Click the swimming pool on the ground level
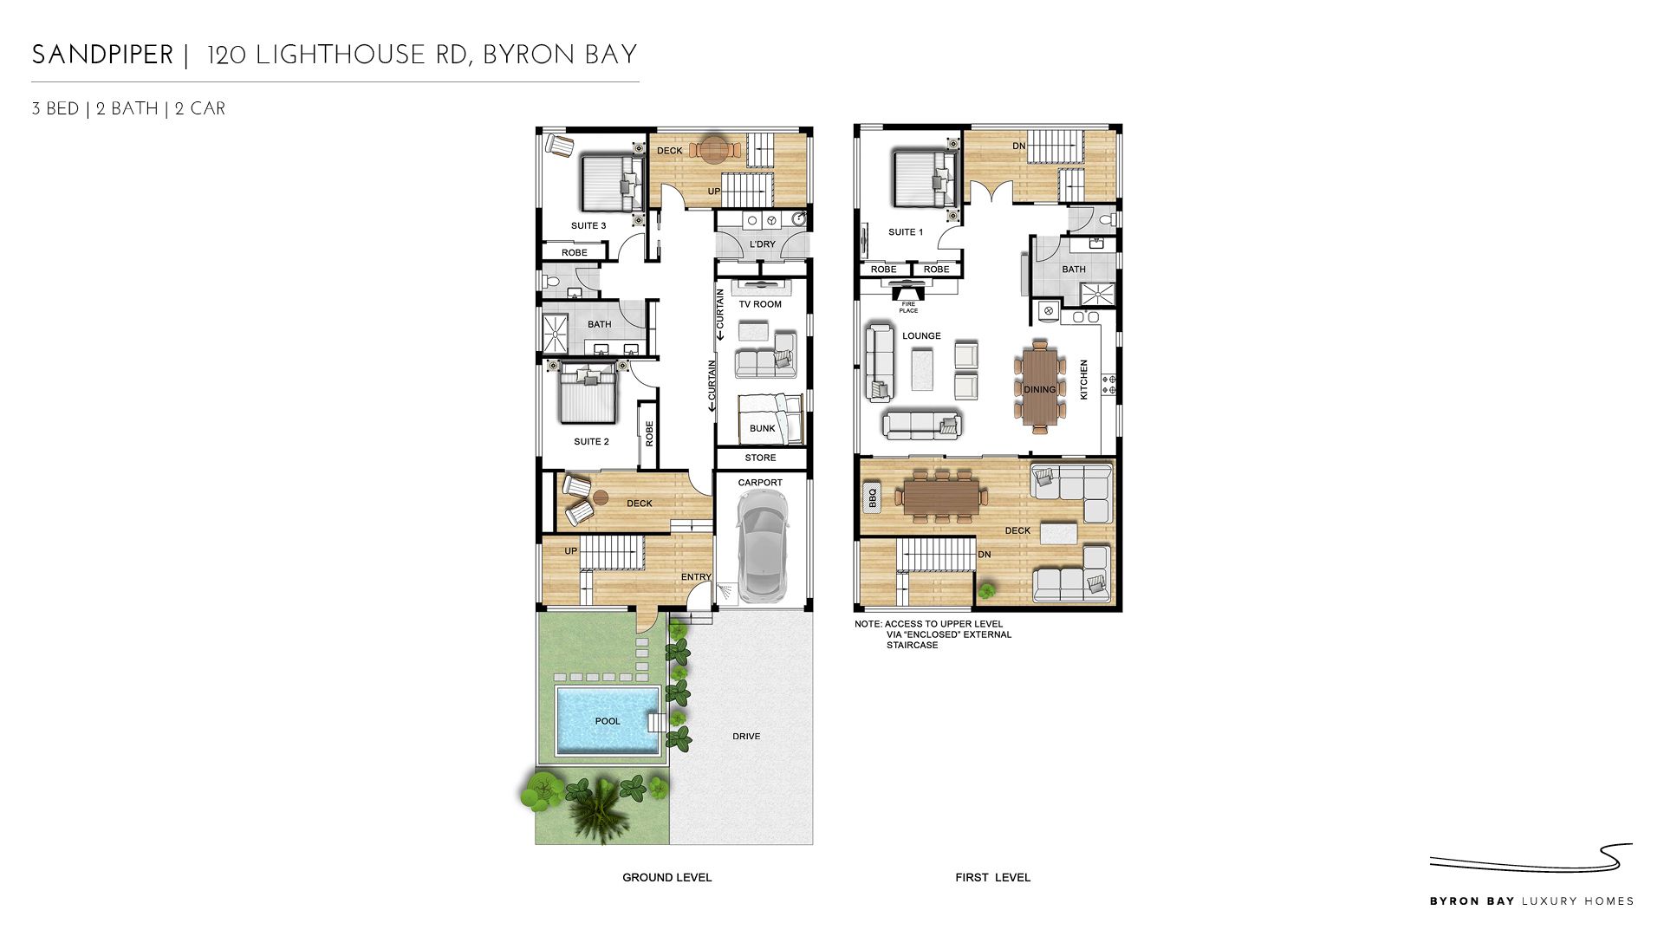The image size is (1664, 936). point(607,720)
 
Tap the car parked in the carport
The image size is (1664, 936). point(762,545)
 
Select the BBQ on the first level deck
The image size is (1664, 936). point(872,498)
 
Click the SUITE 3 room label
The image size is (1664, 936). point(588,225)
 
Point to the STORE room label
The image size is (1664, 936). point(760,458)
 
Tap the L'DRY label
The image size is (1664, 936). point(763,244)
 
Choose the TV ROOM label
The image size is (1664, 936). point(760,304)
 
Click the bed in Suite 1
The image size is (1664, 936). point(924,179)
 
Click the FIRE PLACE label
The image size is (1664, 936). point(908,308)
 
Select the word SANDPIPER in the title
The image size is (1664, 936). point(102,55)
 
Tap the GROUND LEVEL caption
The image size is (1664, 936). point(666,877)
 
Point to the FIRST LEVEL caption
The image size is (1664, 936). point(992,877)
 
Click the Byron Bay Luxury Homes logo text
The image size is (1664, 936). point(1531,901)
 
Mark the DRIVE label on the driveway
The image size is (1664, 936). point(746,737)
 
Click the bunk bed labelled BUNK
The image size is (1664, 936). point(770,419)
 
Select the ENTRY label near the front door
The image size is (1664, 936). point(696,577)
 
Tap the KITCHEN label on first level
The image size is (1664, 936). point(1083,380)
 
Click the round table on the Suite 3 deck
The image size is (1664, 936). point(714,149)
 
